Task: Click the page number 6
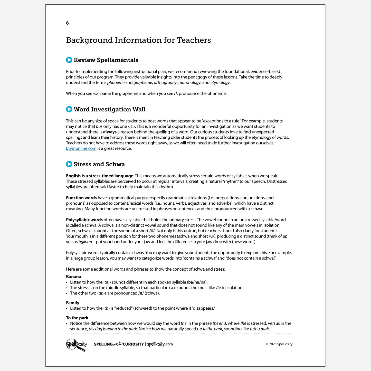click(x=67, y=23)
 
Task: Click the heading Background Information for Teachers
click(x=138, y=40)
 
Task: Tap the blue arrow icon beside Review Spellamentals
click(x=69, y=60)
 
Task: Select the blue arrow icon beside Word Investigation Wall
click(x=69, y=109)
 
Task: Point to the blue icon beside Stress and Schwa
click(x=69, y=164)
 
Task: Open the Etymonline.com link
click(x=81, y=148)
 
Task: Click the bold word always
click(x=110, y=132)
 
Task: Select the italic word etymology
click(x=220, y=83)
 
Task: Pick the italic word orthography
click(x=165, y=83)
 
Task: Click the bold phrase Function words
click(x=81, y=198)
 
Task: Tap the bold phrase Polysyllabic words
click(x=84, y=220)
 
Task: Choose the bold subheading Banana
click(x=73, y=277)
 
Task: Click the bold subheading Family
click(x=73, y=303)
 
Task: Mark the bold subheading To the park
click(x=77, y=318)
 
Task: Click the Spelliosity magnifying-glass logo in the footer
click(x=77, y=345)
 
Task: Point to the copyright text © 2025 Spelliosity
click(x=279, y=344)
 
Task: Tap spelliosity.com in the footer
click(x=160, y=344)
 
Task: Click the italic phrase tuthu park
click(x=260, y=329)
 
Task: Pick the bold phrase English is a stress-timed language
click(x=100, y=176)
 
